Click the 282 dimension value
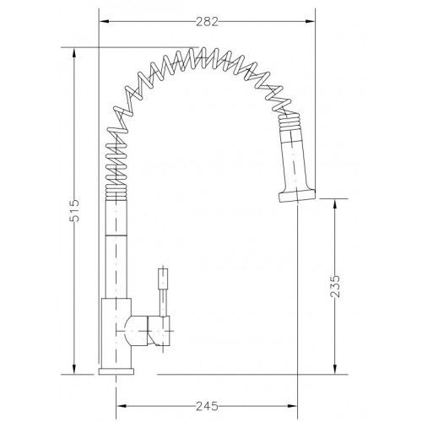point(207,22)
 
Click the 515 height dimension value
point(75,211)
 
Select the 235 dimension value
point(335,286)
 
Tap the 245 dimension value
point(207,406)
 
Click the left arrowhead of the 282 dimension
point(105,21)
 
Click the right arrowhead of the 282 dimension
point(310,21)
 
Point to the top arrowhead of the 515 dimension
point(74,52)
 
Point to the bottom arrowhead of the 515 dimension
point(74,369)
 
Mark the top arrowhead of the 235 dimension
point(335,203)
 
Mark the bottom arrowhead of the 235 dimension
point(335,369)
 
